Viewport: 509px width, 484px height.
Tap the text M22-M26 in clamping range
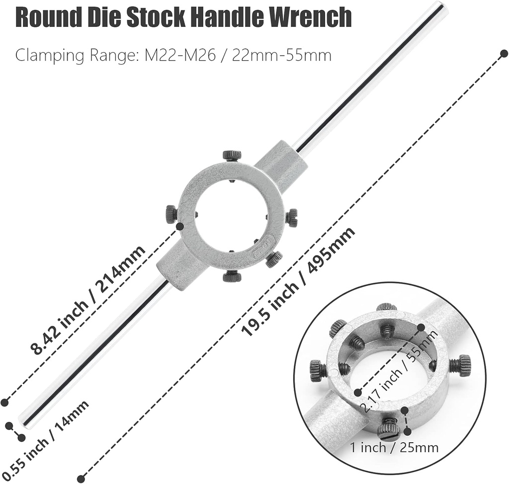click(x=179, y=55)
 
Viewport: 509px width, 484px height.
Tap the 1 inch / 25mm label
click(x=394, y=447)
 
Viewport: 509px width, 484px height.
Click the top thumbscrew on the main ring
click(x=232, y=155)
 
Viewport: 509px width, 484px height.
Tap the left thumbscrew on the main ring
click(x=171, y=214)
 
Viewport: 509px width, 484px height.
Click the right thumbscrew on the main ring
click(x=292, y=217)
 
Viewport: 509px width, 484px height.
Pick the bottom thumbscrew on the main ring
click(x=232, y=276)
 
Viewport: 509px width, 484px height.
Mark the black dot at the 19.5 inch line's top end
click(x=504, y=53)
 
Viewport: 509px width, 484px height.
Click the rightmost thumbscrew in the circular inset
click(x=461, y=365)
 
